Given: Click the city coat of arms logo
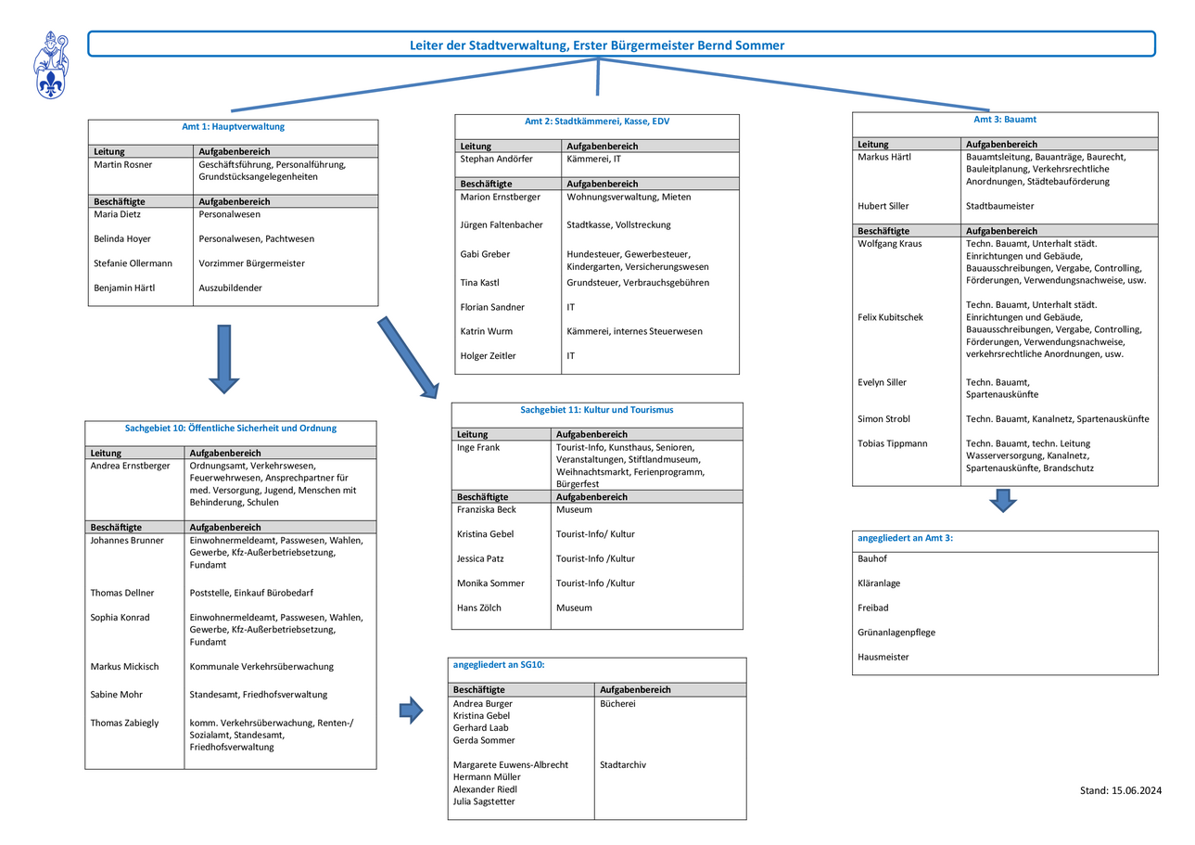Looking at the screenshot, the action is tap(51, 65).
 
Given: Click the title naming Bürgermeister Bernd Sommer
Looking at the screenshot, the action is tap(597, 45).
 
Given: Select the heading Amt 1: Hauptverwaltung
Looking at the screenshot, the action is tap(233, 126).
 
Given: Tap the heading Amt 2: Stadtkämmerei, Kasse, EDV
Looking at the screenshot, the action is tap(597, 122).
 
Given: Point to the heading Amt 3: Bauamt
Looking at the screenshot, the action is tap(1005, 119).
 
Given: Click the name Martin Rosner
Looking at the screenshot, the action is tap(122, 164).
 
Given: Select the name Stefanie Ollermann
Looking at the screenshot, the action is tap(133, 263).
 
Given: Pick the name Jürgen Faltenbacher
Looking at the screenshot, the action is tap(502, 224).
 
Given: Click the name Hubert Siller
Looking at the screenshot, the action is tap(883, 206).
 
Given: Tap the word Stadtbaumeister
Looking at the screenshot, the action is tap(999, 206).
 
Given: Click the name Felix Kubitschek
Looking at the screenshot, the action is tap(890, 317).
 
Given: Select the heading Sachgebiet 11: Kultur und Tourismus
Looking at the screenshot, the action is tap(596, 410).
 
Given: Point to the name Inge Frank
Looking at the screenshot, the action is tap(478, 447).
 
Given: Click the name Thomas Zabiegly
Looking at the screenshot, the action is tap(124, 723).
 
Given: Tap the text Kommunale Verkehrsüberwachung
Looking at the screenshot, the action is tap(261, 666).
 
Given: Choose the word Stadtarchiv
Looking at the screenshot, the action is tap(623, 765).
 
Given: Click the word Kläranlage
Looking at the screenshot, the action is tap(879, 583).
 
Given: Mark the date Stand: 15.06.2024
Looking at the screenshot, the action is tap(1120, 790).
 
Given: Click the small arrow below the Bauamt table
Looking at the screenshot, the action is tap(1003, 501).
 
